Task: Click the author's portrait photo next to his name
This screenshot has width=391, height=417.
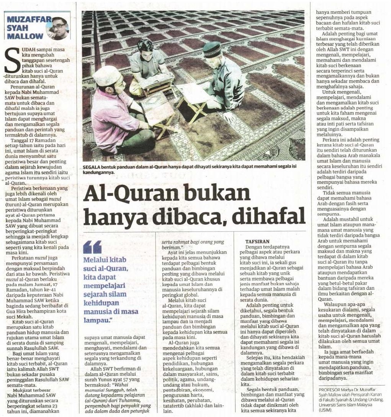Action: click(58, 28)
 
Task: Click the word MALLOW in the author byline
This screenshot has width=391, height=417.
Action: click(25, 36)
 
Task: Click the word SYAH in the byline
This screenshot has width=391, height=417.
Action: click(17, 28)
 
